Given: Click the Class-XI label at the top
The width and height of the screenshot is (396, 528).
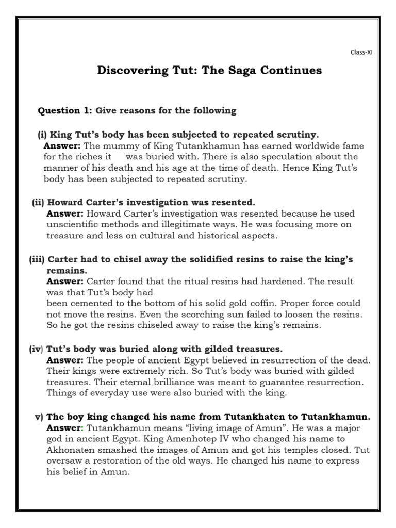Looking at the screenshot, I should click(361, 52).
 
